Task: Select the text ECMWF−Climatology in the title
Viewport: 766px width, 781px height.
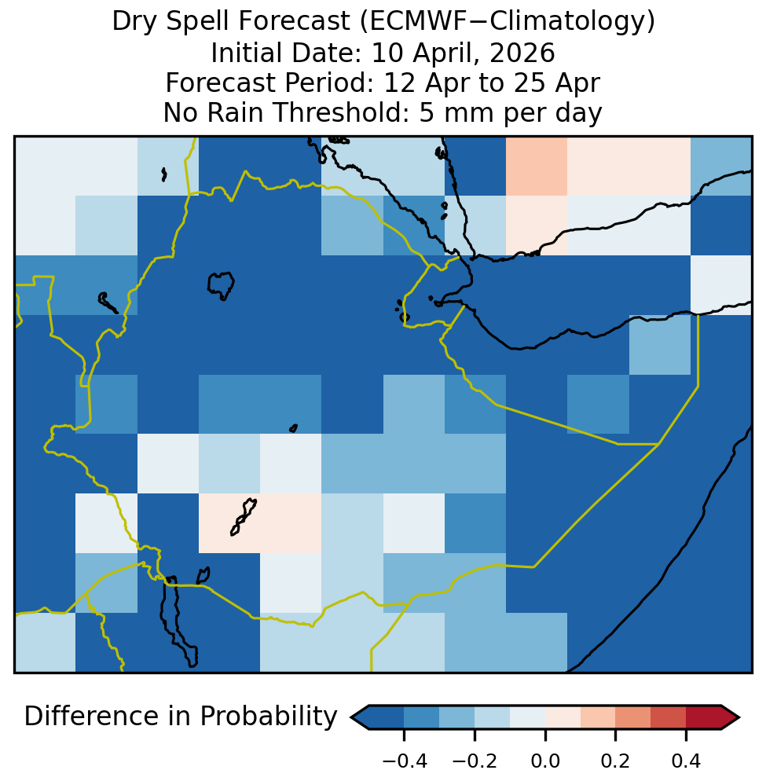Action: tap(506, 21)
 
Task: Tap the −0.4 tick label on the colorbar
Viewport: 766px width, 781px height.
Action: tap(405, 761)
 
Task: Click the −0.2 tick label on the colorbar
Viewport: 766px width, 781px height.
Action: tap(475, 761)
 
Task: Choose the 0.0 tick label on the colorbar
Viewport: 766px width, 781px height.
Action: tap(545, 761)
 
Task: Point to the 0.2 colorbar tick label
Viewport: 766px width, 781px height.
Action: tap(616, 761)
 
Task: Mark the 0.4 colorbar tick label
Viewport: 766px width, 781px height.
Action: tap(687, 761)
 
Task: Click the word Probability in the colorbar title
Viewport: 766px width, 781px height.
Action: tap(269, 717)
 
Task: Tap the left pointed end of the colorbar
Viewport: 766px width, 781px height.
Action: tap(352, 717)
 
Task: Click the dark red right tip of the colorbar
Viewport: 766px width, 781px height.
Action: tap(739, 717)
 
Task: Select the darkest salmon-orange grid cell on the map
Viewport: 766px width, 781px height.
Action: tap(537, 166)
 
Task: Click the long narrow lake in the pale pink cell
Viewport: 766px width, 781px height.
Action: tap(243, 518)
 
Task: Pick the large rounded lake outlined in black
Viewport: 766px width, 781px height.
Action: tap(221, 285)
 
